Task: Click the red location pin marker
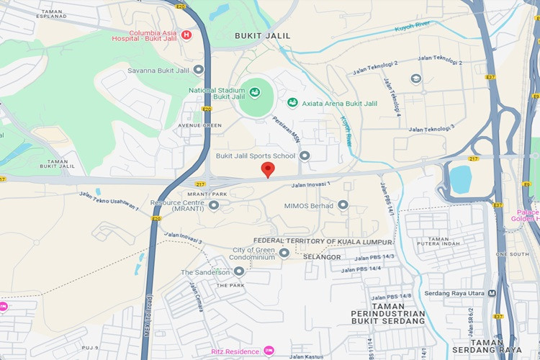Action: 268,170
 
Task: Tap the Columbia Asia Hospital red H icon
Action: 187,34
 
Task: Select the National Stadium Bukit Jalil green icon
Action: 254,93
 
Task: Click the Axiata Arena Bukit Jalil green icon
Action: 293,104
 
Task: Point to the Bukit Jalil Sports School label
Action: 256,156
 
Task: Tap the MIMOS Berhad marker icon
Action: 343,205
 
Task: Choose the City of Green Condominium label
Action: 253,253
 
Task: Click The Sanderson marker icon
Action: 239,271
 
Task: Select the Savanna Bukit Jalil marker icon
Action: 199,70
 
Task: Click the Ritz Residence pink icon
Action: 269,351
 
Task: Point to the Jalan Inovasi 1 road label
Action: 310,185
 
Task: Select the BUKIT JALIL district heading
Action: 263,35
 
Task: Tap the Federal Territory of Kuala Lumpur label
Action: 323,241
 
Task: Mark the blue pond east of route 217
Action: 460,179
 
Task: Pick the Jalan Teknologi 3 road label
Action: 431,128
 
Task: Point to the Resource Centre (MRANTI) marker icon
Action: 214,206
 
